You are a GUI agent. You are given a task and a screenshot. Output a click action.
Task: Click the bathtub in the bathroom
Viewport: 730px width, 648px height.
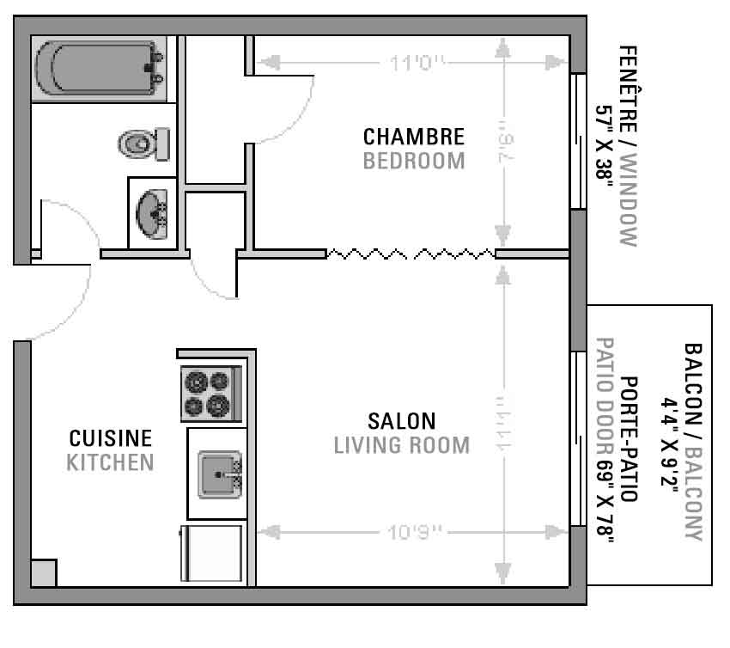99,69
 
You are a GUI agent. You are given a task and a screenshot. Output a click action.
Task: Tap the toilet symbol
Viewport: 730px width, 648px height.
144,144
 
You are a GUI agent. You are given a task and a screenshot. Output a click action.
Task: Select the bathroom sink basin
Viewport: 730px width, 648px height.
152,214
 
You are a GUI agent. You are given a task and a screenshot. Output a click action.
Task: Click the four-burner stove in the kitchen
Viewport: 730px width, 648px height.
211,394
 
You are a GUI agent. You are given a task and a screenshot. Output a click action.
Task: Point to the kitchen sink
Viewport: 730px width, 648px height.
220,474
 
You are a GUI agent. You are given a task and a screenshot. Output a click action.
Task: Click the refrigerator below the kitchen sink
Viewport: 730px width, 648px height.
212,553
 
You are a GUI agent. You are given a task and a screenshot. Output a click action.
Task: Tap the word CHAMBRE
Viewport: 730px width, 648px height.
414,137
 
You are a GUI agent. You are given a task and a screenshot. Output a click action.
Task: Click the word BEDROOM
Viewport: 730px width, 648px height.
414,162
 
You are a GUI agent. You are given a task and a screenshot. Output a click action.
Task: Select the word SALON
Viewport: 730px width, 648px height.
402,421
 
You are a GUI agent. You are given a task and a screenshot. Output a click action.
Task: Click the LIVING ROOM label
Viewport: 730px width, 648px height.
402,445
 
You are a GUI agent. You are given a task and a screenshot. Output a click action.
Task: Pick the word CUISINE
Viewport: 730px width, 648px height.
110,438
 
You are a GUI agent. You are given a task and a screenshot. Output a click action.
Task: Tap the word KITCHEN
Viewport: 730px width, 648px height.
110,462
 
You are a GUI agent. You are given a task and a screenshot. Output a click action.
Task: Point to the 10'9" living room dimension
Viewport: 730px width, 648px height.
414,531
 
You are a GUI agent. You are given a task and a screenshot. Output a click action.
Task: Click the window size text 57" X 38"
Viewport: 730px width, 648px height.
605,143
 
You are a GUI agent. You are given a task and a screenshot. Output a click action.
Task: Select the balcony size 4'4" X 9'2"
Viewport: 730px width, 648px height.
669,441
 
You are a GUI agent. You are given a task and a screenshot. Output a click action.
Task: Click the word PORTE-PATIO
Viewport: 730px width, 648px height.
629,439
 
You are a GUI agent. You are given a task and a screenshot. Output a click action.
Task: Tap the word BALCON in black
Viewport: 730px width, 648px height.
693,383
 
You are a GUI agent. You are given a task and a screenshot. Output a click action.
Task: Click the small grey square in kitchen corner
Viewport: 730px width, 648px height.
44,573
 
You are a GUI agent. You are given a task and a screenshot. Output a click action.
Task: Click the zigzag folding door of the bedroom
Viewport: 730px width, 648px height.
411,254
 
